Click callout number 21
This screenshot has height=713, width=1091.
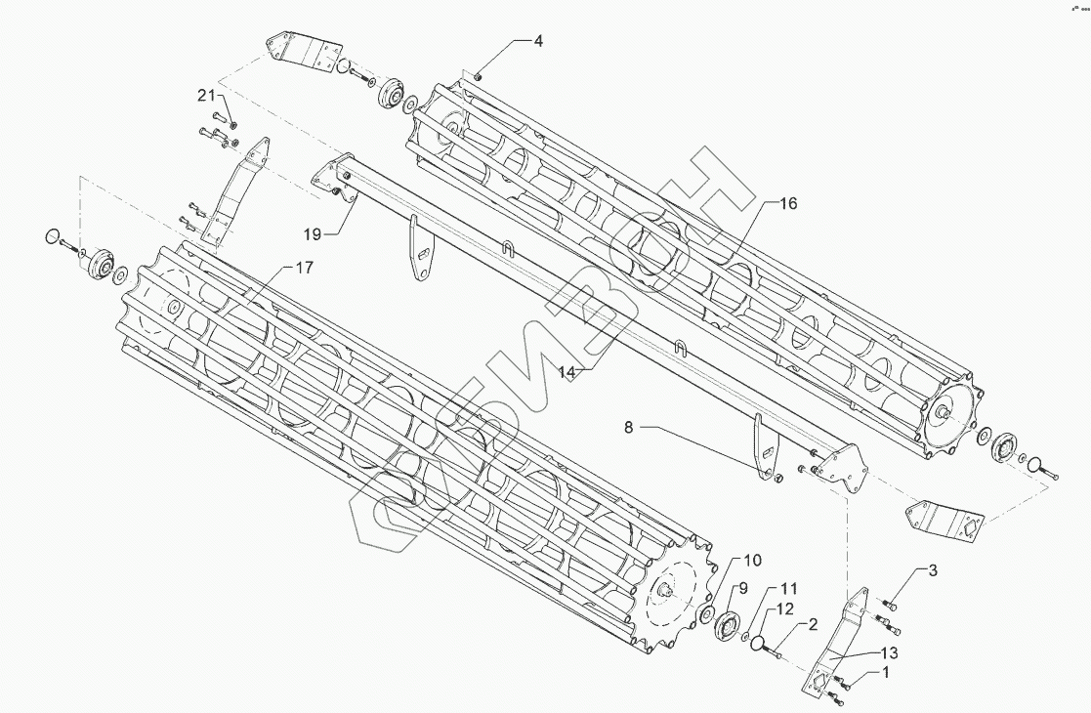point(205,95)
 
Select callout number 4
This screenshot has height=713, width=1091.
point(538,41)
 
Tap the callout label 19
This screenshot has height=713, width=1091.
point(312,234)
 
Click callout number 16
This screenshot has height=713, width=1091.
point(788,203)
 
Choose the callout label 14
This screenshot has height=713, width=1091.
point(568,370)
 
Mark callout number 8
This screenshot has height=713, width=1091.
point(629,427)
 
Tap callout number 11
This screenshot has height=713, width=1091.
point(788,590)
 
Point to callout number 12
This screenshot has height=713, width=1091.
point(784,610)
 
